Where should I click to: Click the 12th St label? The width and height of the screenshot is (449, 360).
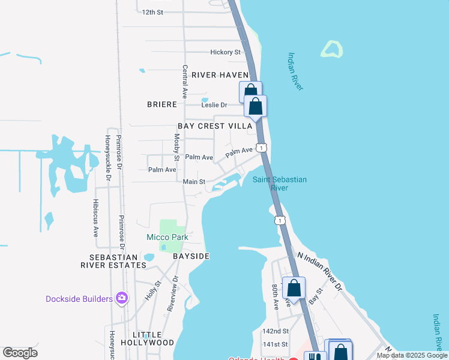[152, 12]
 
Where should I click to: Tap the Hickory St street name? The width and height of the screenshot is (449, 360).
[225, 53]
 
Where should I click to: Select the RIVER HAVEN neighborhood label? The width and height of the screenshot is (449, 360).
[220, 75]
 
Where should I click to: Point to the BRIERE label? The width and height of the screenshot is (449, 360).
[162, 104]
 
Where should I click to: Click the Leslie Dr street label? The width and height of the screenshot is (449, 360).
[214, 105]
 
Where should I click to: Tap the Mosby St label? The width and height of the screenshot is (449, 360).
[177, 148]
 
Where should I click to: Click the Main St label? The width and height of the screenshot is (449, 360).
[194, 182]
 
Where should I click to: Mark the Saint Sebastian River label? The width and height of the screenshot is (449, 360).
[279, 184]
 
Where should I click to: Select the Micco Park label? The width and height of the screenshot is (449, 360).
[167, 237]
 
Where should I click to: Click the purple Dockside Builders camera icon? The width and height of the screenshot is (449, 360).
[122, 298]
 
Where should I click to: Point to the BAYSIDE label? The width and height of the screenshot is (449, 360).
[191, 256]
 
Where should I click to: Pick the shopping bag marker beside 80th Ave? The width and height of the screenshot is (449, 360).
[294, 287]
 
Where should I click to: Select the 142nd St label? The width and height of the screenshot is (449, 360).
[276, 331]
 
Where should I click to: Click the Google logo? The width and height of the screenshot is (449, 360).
[20, 353]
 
